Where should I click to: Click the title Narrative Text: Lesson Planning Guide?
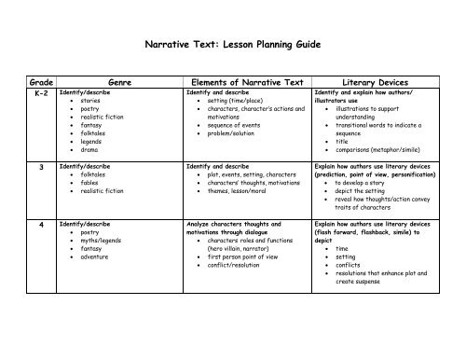coord(234,43)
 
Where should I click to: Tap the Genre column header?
coord(121,82)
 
